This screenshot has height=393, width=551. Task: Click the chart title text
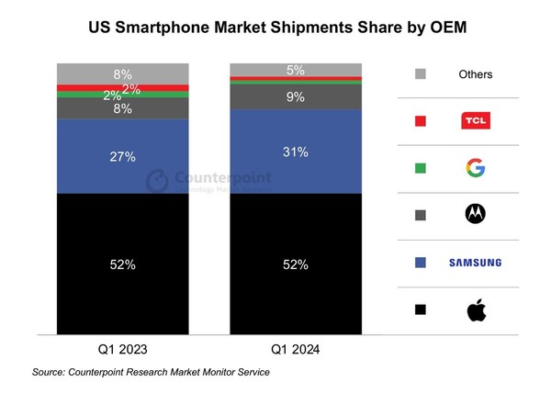[x=275, y=28]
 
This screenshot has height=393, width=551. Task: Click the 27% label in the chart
[x=122, y=157]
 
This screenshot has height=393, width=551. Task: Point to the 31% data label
[x=295, y=152]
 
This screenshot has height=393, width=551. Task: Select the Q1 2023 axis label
[x=122, y=350]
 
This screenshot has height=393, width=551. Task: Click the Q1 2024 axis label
[x=295, y=350]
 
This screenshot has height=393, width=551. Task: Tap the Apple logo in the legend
[x=475, y=310]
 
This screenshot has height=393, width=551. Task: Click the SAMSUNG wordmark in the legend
[x=475, y=264]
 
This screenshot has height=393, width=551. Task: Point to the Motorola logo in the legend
[x=475, y=215]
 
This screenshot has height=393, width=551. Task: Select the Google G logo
[x=475, y=168]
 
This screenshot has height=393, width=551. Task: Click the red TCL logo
[x=475, y=120]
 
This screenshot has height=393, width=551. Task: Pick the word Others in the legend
[x=475, y=74]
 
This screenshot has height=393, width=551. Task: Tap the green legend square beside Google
[x=421, y=168]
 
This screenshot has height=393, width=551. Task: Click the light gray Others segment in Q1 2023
[x=122, y=73]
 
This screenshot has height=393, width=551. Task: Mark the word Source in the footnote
[x=51, y=372]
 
